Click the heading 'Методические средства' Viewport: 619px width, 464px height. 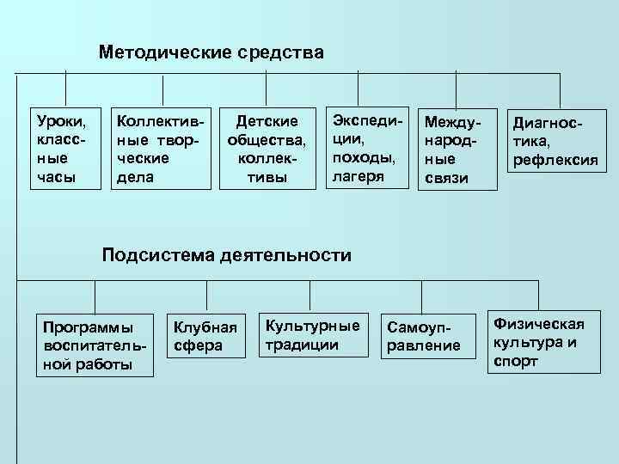coord(211,53)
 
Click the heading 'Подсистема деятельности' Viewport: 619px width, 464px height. coord(227,254)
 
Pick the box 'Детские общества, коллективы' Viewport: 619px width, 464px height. coord(267,147)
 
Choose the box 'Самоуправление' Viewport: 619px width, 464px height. coord(425,336)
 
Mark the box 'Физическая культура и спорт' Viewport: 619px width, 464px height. coord(544,341)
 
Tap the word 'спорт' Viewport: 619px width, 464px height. coord(516,361)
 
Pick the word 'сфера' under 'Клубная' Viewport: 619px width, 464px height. coord(199,345)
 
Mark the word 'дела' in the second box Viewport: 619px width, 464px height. coord(136,176)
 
